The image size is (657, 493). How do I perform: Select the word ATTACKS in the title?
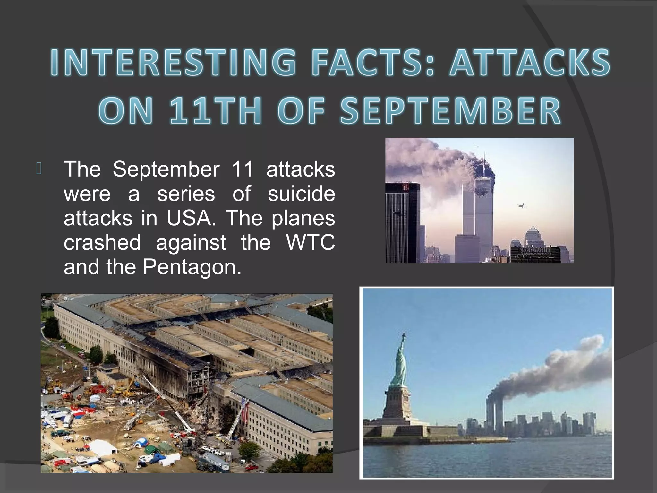click(x=529, y=63)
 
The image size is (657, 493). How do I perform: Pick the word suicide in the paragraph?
click(x=301, y=194)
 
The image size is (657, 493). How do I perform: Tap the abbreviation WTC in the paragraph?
click(x=311, y=242)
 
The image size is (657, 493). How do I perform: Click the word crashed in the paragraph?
click(x=102, y=242)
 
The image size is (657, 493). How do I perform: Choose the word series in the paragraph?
click(x=186, y=194)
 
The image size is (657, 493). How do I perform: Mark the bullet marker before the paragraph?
click(x=39, y=169)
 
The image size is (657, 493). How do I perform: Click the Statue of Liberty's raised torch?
click(x=404, y=336)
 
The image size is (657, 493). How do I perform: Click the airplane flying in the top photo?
click(x=521, y=205)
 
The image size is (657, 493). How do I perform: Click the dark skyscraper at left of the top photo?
click(x=403, y=221)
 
